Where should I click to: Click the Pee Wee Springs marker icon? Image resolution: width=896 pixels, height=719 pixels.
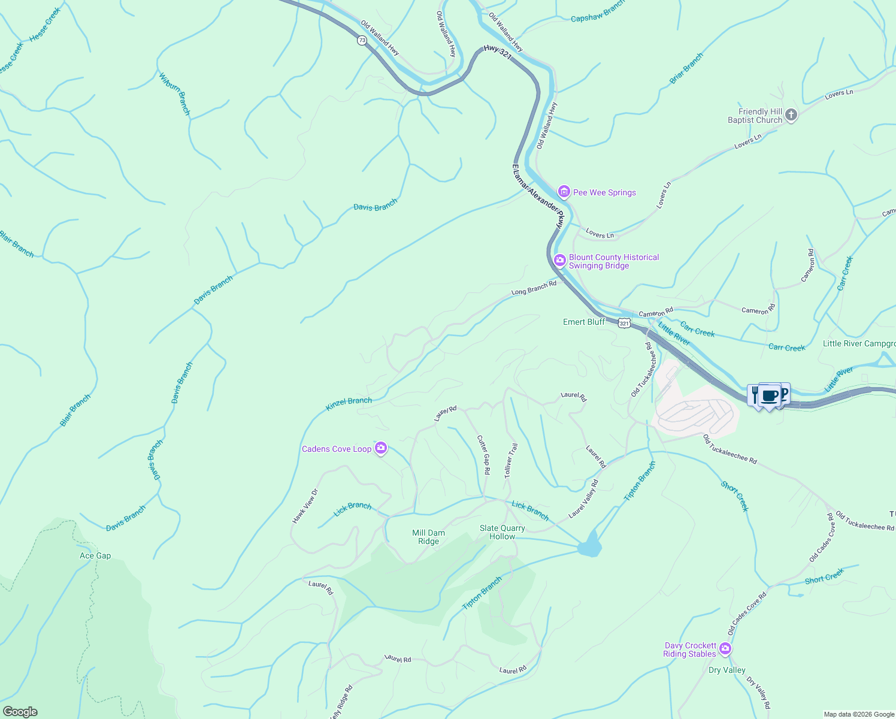point(564,192)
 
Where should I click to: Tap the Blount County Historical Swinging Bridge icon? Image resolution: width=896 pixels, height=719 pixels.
point(560,260)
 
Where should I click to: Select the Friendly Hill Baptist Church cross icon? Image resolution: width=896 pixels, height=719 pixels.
point(791,115)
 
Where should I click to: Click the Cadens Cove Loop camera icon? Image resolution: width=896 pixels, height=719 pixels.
point(380,448)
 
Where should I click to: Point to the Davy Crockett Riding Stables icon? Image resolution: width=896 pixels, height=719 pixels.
point(725,649)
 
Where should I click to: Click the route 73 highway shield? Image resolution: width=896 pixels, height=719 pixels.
point(362,40)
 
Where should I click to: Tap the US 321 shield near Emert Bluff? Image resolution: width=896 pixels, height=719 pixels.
point(624,323)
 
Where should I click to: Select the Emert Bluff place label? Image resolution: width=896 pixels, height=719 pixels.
point(584,322)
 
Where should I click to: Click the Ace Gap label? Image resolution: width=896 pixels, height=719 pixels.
point(95,555)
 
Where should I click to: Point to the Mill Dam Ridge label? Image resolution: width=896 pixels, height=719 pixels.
point(429,537)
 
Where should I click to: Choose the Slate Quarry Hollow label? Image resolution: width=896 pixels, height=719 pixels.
point(502,532)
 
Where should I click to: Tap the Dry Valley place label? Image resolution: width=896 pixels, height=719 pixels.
point(727,670)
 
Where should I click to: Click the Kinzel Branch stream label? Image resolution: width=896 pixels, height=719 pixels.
point(349,404)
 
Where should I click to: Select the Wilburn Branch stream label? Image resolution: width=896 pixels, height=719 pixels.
point(174,94)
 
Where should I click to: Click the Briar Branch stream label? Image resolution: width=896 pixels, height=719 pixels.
point(686,68)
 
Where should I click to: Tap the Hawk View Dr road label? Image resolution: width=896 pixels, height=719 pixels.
point(305,506)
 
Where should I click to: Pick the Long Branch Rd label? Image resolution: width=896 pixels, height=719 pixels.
point(534,288)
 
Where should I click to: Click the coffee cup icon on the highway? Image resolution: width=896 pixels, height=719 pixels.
point(770,396)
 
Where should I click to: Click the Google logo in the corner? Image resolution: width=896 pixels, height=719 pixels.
point(20,711)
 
